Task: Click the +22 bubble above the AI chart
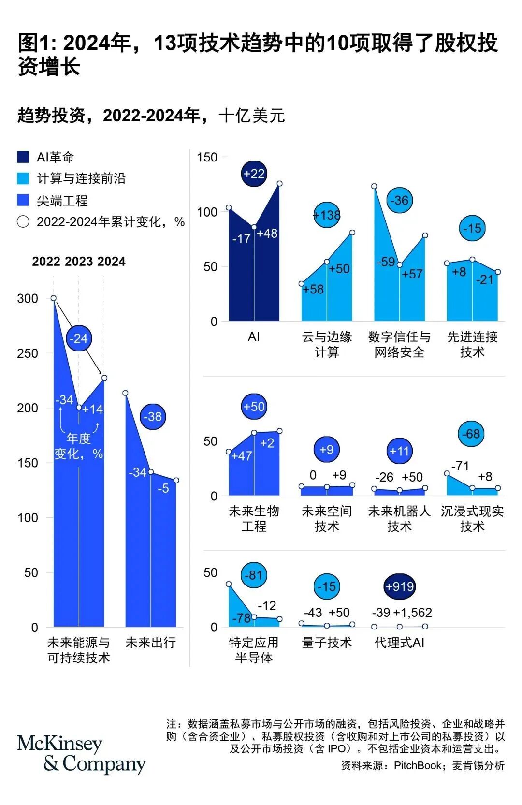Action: pyautogui.click(x=254, y=174)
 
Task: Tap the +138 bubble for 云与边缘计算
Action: pyautogui.click(x=327, y=215)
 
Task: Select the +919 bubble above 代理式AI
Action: pyautogui.click(x=399, y=586)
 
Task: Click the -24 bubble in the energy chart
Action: pyautogui.click(x=79, y=338)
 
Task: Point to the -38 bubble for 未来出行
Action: pyautogui.click(x=153, y=416)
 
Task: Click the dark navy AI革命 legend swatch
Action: pyautogui.click(x=23, y=157)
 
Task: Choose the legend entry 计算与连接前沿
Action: pyautogui.click(x=81, y=178)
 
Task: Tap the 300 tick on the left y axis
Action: pyautogui.click(x=28, y=298)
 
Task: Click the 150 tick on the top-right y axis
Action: pyautogui.click(x=207, y=157)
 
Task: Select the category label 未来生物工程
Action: pyautogui.click(x=254, y=518)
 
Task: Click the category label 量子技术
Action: pyautogui.click(x=327, y=642)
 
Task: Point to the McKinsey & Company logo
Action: pyautogui.click(x=81, y=754)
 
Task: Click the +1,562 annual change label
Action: pyautogui.click(x=412, y=613)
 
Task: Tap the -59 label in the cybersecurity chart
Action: pyautogui.click(x=386, y=262)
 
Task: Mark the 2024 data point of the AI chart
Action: pyautogui.click(x=279, y=184)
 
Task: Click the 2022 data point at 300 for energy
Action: pyautogui.click(x=54, y=298)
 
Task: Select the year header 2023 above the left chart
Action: pyautogui.click(x=79, y=262)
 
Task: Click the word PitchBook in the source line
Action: pyautogui.click(x=418, y=765)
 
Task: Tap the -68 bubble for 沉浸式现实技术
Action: pyautogui.click(x=471, y=434)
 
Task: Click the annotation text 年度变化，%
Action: pyautogui.click(x=79, y=446)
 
